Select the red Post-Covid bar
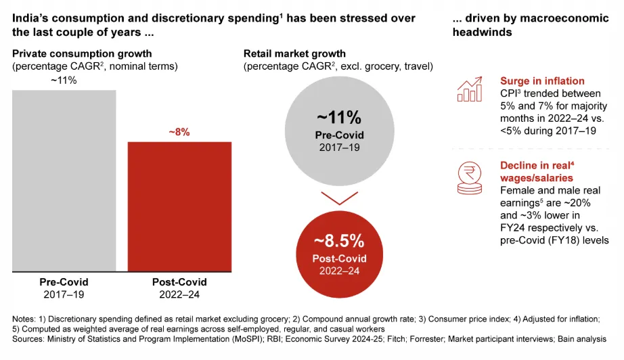(x=179, y=206)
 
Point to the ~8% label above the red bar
(x=179, y=133)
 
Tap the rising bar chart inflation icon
(x=469, y=89)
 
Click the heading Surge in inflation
(x=542, y=81)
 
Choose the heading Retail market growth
(x=294, y=53)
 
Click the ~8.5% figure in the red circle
(x=339, y=242)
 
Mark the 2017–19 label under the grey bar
(x=64, y=294)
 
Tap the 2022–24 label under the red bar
(x=179, y=294)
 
